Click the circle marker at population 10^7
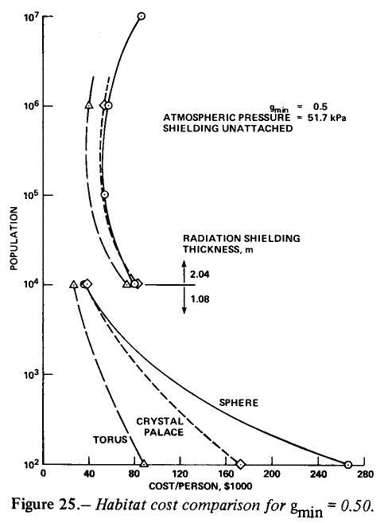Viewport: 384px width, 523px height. point(142,16)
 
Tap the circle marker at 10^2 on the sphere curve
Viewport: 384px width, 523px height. point(347,464)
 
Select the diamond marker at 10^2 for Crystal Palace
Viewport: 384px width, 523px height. point(240,464)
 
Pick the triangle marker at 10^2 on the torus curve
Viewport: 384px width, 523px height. point(144,463)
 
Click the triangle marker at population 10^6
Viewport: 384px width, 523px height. point(88,105)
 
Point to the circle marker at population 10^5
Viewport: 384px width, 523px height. point(105,194)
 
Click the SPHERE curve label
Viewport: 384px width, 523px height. point(239,403)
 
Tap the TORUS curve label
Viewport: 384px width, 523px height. point(110,440)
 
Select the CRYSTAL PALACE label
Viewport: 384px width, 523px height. point(160,427)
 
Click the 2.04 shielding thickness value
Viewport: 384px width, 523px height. point(200,275)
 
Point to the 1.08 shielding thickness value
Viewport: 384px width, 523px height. point(200,299)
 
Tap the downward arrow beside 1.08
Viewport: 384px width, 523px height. point(184,299)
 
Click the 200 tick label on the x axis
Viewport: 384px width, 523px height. point(272,474)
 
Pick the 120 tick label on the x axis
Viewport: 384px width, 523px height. point(180,474)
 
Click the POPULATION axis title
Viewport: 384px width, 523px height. point(14,238)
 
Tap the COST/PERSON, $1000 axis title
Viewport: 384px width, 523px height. point(200,486)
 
